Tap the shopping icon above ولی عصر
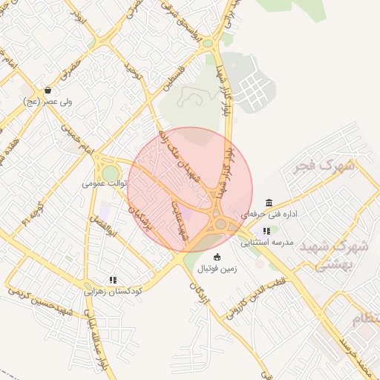pos(47,91)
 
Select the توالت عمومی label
pos(103,182)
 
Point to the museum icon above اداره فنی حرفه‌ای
pos(268,203)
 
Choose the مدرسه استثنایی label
pos(267,243)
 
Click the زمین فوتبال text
pos(217,269)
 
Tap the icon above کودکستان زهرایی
pos(113,280)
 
